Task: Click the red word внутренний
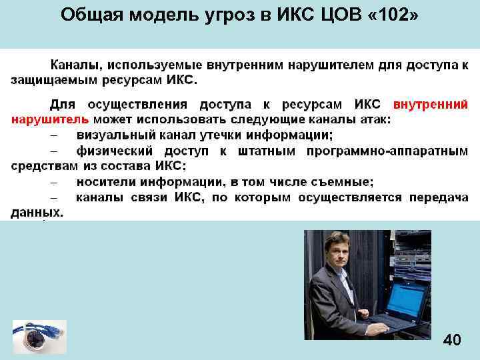(431, 105)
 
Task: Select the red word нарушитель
(49, 120)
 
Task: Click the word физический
(117, 151)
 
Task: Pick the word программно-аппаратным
(387, 151)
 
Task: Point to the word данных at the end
(37, 213)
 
